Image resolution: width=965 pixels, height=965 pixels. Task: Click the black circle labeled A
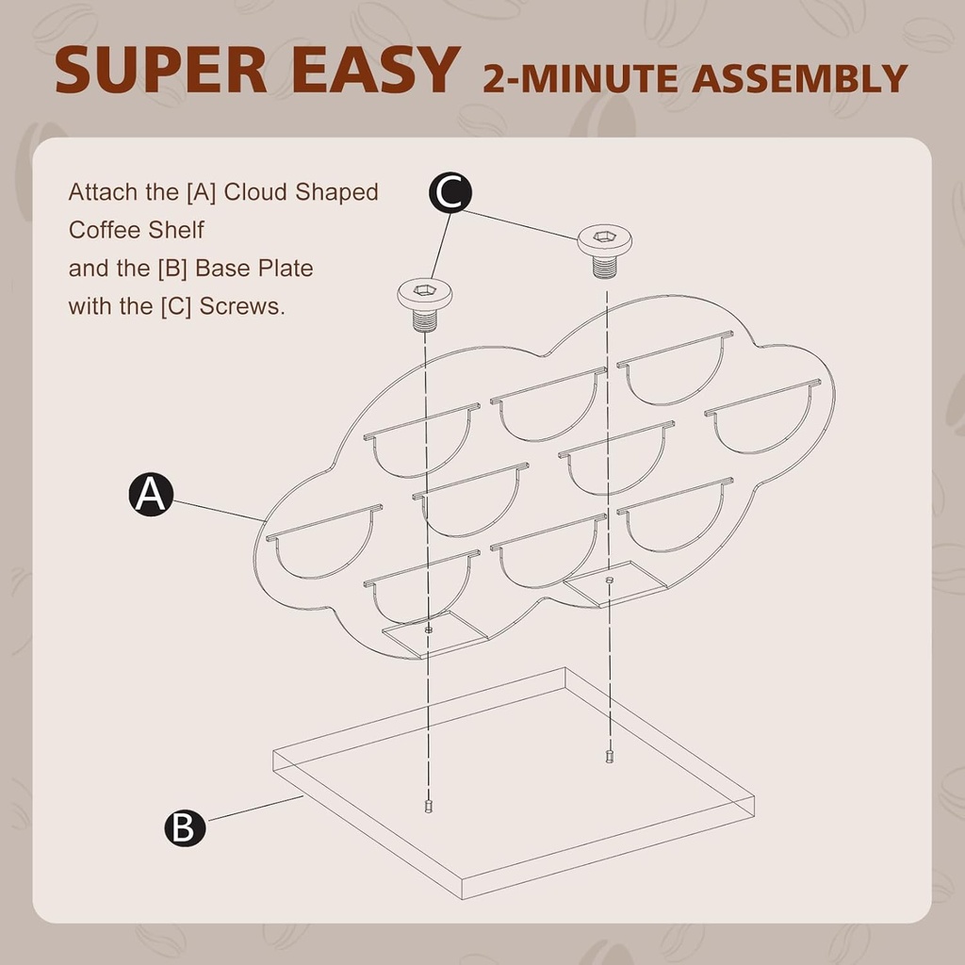(x=150, y=494)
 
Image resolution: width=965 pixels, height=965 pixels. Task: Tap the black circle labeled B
(x=185, y=827)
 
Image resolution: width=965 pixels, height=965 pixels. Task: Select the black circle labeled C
(x=450, y=192)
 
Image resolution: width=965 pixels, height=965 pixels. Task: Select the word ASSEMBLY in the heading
(x=799, y=78)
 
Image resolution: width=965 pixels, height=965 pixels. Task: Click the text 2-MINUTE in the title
(x=580, y=78)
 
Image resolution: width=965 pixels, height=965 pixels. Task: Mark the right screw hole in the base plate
(x=610, y=756)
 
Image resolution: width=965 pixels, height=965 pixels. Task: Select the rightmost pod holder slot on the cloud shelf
(x=763, y=418)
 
